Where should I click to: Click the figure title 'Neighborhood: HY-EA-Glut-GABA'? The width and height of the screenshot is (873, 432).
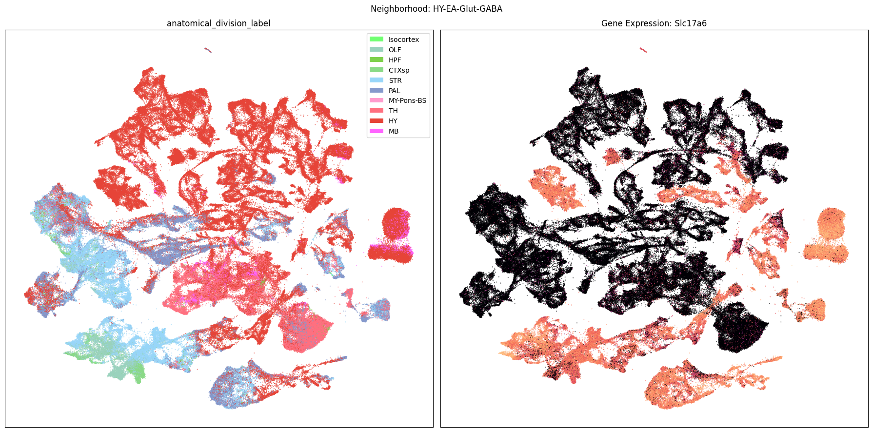click(x=436, y=9)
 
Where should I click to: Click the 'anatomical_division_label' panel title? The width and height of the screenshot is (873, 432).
click(x=218, y=23)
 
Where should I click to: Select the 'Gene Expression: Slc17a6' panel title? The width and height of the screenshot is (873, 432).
click(x=654, y=23)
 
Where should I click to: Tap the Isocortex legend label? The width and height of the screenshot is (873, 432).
click(x=403, y=39)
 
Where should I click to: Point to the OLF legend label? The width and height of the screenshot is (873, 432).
click(x=395, y=50)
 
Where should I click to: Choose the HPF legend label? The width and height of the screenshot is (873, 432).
click(x=395, y=60)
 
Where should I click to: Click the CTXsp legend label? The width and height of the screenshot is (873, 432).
click(x=398, y=70)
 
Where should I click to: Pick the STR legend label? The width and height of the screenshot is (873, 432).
click(x=395, y=80)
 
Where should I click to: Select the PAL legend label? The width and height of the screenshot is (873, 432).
click(x=394, y=91)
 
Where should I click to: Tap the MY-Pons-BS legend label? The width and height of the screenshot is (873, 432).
click(x=407, y=100)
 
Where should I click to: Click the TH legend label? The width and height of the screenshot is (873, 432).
click(x=393, y=111)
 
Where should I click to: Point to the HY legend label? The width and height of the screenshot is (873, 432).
click(x=393, y=121)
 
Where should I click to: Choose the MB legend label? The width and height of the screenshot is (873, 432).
click(x=393, y=131)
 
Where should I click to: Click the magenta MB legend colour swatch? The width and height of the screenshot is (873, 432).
click(x=377, y=131)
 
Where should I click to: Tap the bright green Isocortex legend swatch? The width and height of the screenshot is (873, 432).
click(x=377, y=39)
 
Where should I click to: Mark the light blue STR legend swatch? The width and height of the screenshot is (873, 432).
click(x=377, y=80)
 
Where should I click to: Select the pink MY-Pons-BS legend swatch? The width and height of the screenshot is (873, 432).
click(x=377, y=100)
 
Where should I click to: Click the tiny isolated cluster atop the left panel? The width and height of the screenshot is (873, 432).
click(x=208, y=50)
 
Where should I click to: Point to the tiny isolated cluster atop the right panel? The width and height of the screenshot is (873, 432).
click(x=643, y=50)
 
